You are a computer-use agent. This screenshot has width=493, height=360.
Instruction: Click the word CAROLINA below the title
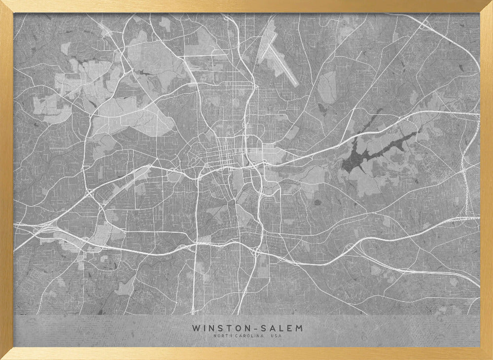coord(250,336)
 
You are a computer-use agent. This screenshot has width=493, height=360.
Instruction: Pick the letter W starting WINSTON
coord(196,328)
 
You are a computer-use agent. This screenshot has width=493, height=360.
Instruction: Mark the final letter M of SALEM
coord(300,328)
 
